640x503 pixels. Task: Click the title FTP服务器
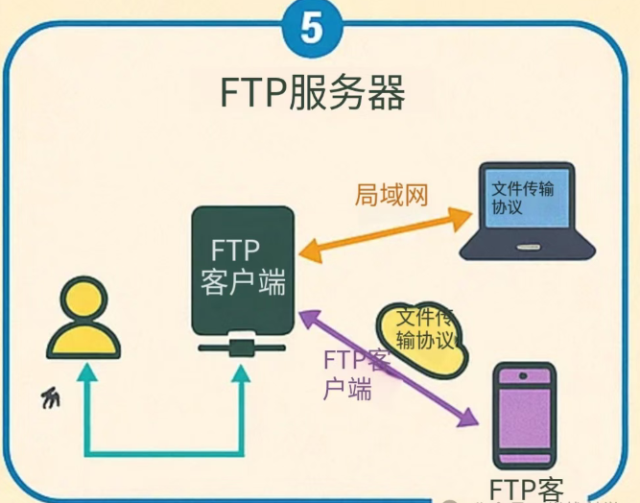pyautogui.click(x=311, y=94)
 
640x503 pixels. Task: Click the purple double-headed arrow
pyautogui.click(x=388, y=366)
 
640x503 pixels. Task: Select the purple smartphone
pyautogui.click(x=522, y=414)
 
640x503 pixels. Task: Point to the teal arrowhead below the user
pyautogui.click(x=87, y=377)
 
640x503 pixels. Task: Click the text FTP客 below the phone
pyautogui.click(x=526, y=489)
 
